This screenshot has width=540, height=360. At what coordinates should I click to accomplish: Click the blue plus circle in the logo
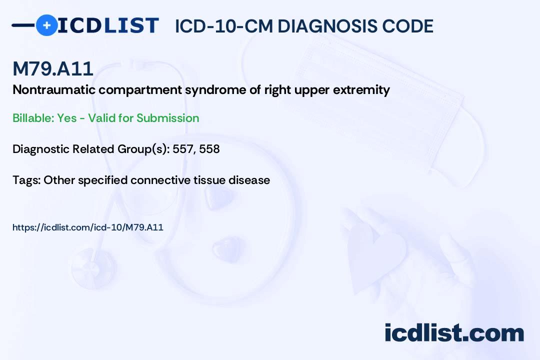(x=47, y=25)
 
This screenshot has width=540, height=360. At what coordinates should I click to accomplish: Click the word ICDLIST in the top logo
(x=108, y=25)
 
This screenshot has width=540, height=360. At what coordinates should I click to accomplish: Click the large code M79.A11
(x=53, y=68)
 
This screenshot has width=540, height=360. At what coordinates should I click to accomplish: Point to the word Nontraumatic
(x=54, y=89)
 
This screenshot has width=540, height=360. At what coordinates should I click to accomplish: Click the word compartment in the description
(x=140, y=90)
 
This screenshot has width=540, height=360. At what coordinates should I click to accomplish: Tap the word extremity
(x=361, y=90)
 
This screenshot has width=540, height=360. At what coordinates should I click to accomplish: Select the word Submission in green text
(x=167, y=118)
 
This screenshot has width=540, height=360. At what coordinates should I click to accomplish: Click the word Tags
(x=26, y=180)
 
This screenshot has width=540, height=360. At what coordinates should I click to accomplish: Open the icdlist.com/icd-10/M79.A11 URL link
(x=88, y=227)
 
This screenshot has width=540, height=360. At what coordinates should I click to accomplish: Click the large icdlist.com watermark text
(x=454, y=333)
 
